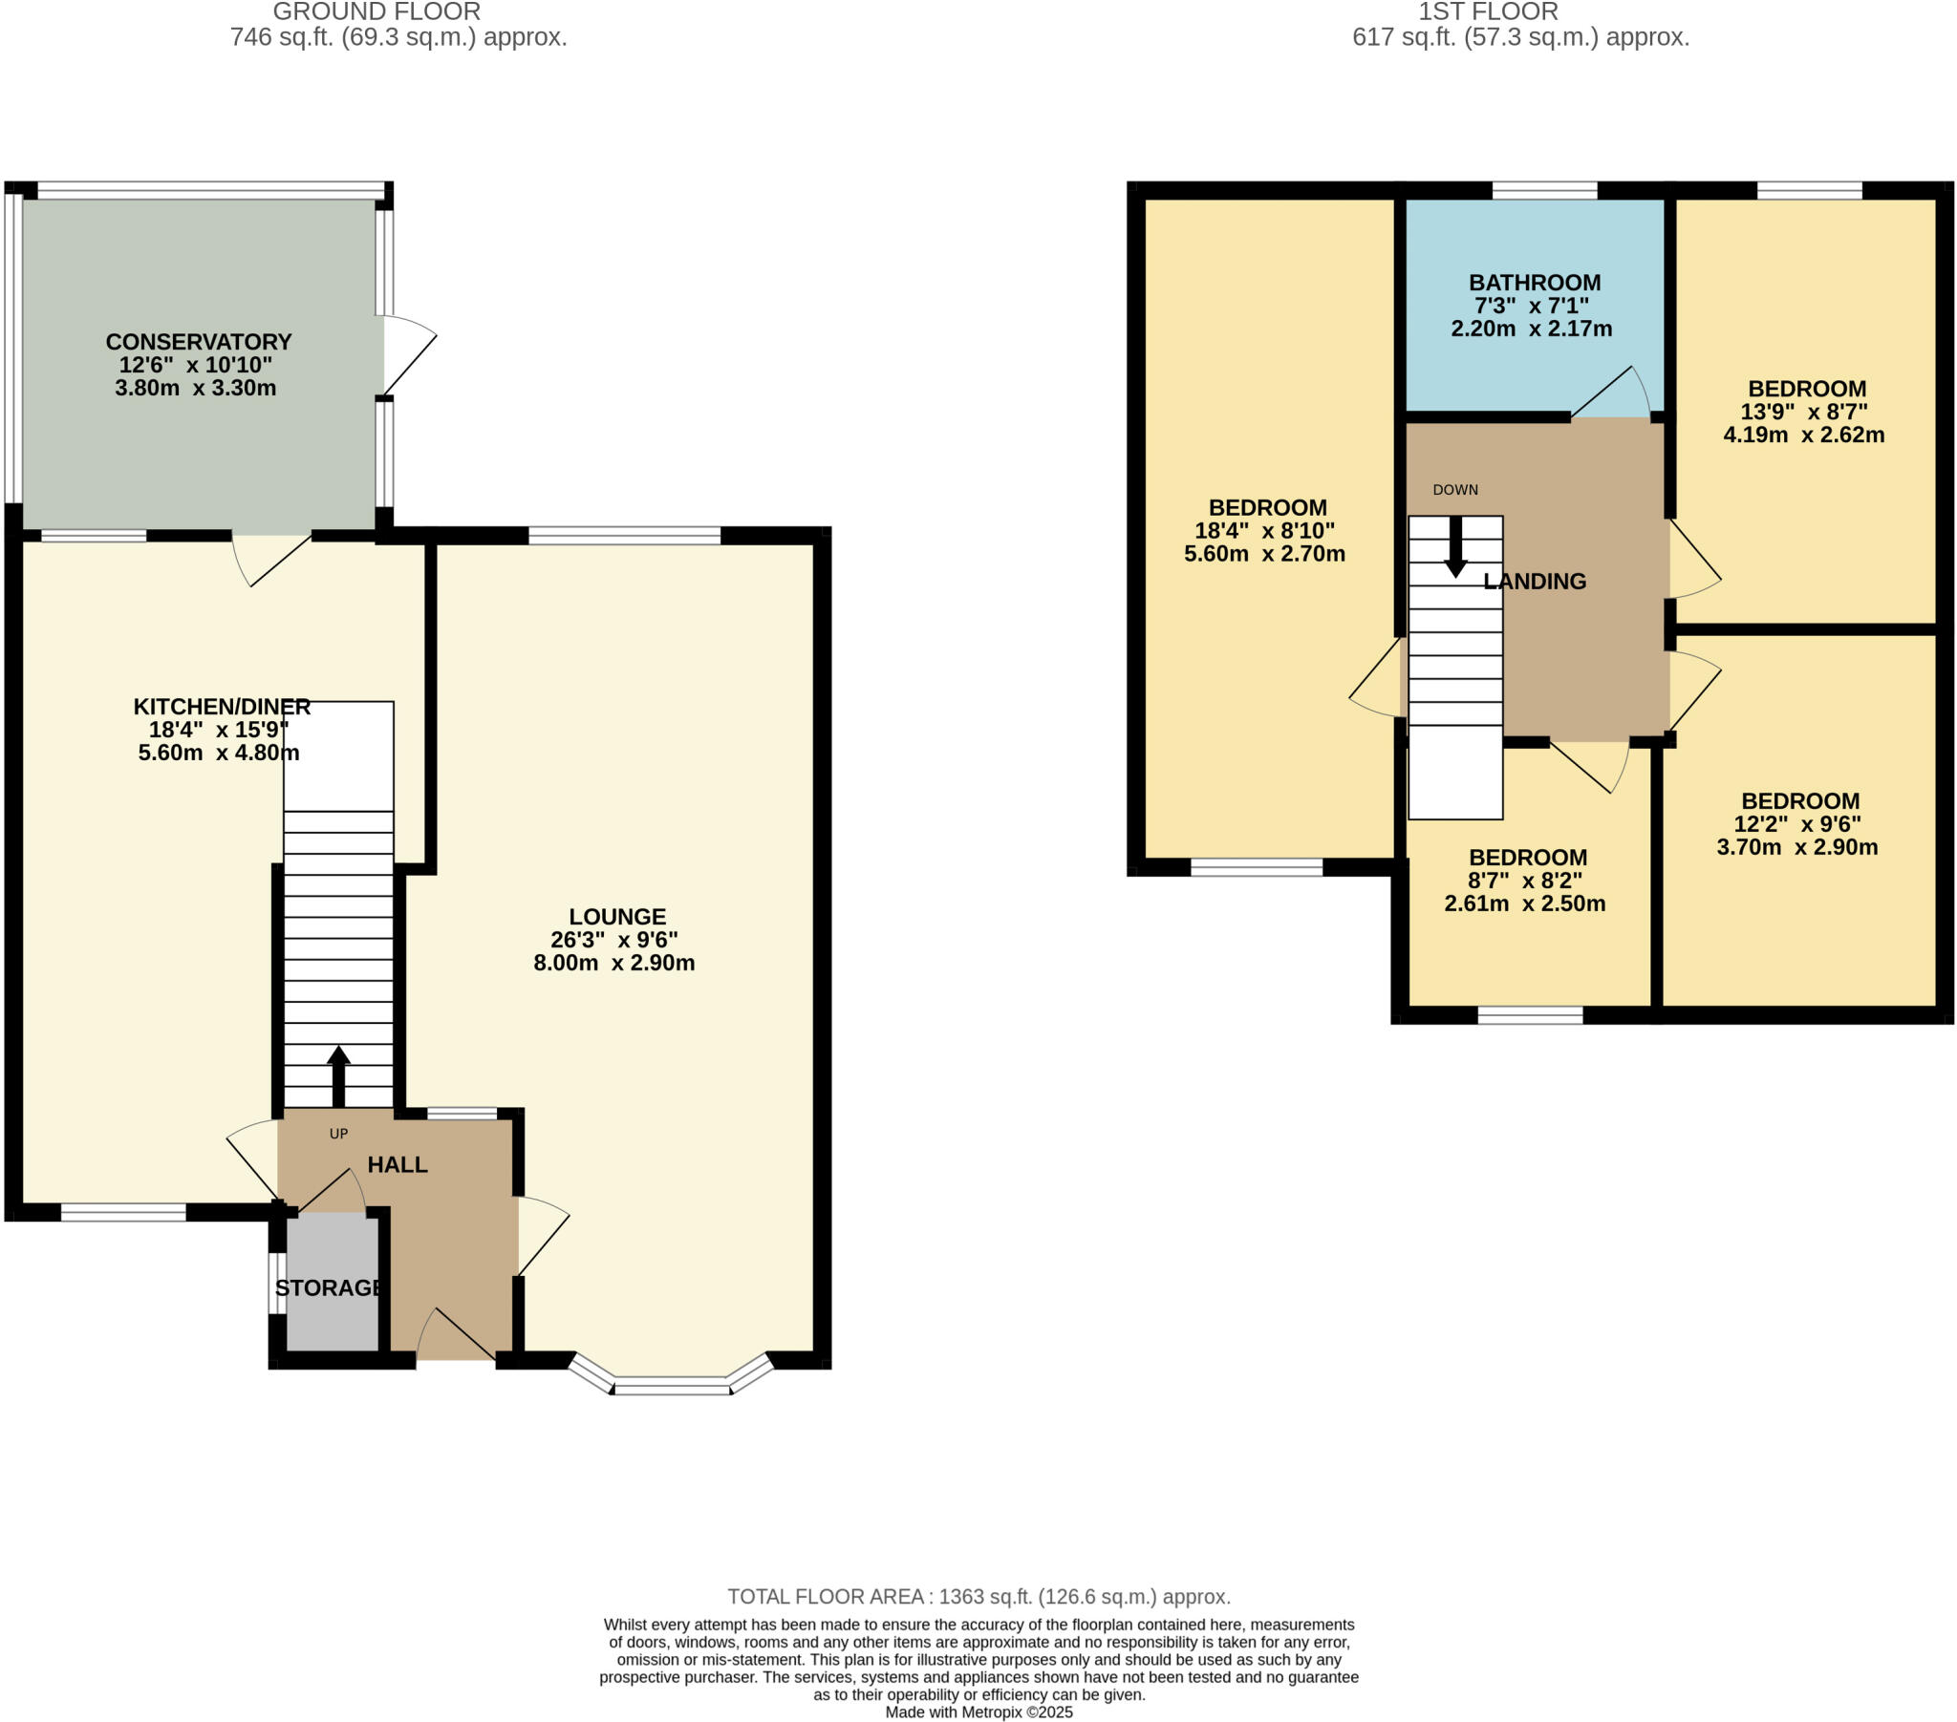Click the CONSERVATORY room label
tap(198, 342)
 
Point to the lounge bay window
tap(671, 1384)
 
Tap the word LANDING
tap(1535, 581)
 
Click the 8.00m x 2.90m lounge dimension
tap(613, 963)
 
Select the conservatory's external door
tap(410, 354)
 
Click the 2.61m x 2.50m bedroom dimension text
tap(1524, 904)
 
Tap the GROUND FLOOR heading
tap(376, 12)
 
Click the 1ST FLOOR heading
tap(1488, 12)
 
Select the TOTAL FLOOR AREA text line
tap(978, 1597)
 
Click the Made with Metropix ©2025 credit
tap(978, 1712)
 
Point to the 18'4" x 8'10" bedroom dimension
tap(1264, 530)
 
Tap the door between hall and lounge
tap(543, 1237)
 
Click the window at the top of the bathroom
tap(1544, 190)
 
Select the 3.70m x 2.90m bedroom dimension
tap(1797, 847)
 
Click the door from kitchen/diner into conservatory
tap(273, 560)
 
